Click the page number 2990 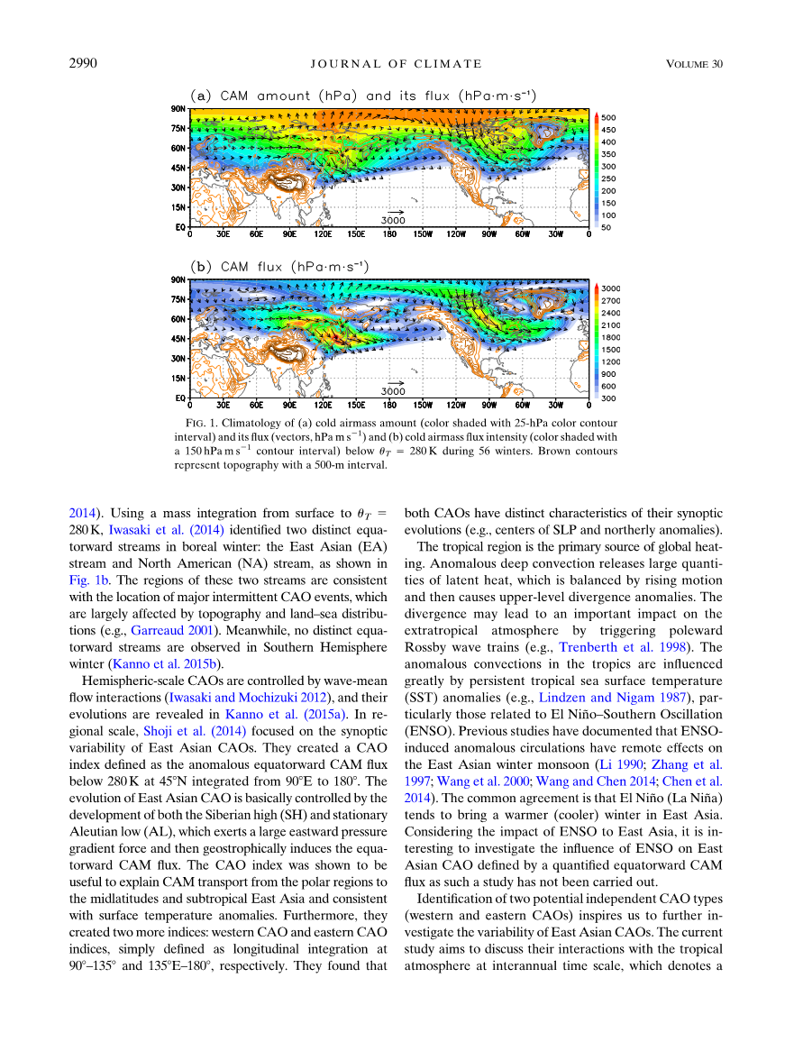click(x=84, y=63)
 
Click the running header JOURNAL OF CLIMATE click(x=397, y=63)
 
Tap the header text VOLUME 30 click(x=694, y=63)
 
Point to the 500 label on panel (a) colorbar click(x=609, y=118)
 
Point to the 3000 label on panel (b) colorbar click(x=611, y=288)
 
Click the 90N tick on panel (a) click(x=178, y=108)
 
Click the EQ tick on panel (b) click(x=180, y=397)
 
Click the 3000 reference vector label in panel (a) click(x=393, y=220)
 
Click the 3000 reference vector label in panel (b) click(x=393, y=391)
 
